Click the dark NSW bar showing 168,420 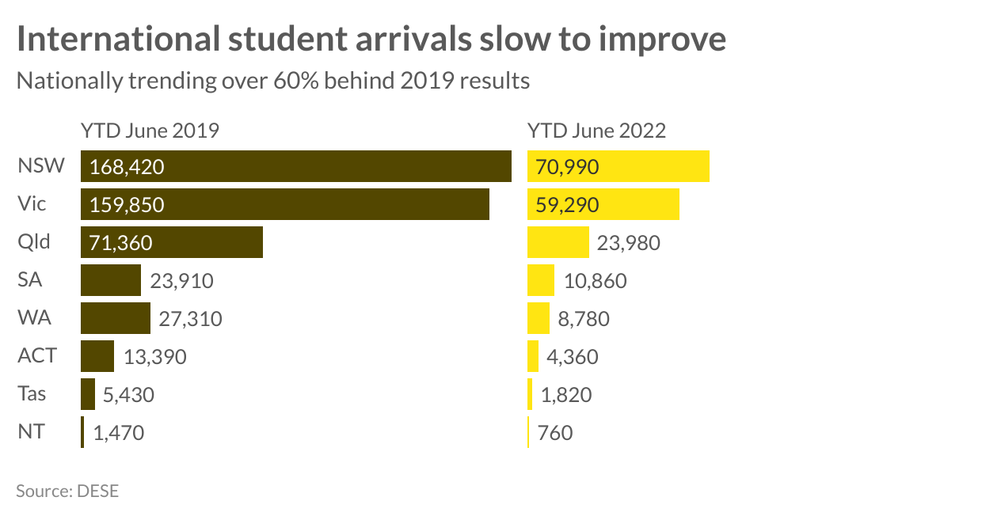coord(295,166)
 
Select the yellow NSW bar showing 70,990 coord(618,166)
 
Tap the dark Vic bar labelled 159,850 coord(284,204)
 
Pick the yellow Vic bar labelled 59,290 coord(603,204)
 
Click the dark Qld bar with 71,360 coord(171,242)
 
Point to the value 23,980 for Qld coord(628,243)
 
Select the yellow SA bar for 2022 coord(541,280)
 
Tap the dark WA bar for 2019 coord(115,318)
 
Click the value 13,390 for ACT coord(154,357)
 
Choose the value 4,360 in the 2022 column coord(573,357)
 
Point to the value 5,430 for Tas coord(129,395)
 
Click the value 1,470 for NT coord(119,433)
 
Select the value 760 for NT coord(555,433)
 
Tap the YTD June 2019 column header coord(150,131)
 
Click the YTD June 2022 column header coord(596,131)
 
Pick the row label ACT coord(37,356)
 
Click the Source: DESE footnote coord(67,491)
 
